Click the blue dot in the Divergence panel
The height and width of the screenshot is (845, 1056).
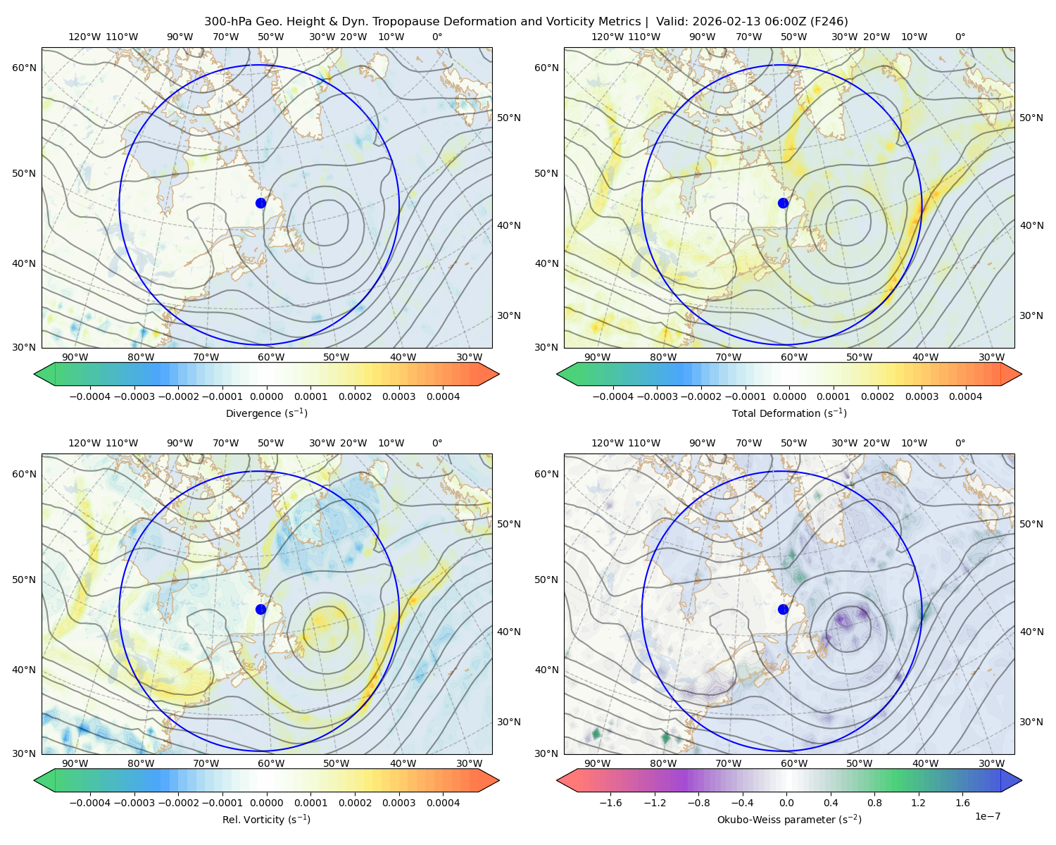click(x=260, y=204)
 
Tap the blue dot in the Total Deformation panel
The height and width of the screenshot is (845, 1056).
click(x=783, y=204)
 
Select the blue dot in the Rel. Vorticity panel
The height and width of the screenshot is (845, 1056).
click(x=260, y=609)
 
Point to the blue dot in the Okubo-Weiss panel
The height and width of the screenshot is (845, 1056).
click(x=783, y=609)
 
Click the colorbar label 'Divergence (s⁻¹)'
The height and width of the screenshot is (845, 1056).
click(x=266, y=413)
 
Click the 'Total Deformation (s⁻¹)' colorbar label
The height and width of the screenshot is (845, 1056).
click(x=789, y=413)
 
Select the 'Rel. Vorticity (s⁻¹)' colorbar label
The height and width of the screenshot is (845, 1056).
click(x=266, y=820)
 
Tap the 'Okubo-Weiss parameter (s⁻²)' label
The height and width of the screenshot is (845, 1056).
click(x=789, y=820)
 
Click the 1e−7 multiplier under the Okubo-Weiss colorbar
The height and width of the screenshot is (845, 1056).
click(x=987, y=817)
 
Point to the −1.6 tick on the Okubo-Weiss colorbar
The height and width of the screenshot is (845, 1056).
click(x=610, y=803)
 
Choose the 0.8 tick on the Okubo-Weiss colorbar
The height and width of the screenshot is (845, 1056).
click(x=874, y=803)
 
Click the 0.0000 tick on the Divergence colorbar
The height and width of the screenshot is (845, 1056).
click(x=266, y=396)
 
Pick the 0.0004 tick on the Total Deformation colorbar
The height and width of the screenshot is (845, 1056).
click(x=965, y=396)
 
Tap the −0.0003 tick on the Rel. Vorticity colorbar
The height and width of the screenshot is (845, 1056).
click(x=134, y=803)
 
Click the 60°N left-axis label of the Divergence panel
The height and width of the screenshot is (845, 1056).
click(x=24, y=68)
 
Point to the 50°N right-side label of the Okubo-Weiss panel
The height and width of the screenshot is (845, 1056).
click(x=1031, y=524)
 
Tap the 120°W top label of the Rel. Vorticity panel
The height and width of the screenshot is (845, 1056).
click(x=84, y=443)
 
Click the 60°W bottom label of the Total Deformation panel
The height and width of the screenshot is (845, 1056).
click(x=793, y=357)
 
